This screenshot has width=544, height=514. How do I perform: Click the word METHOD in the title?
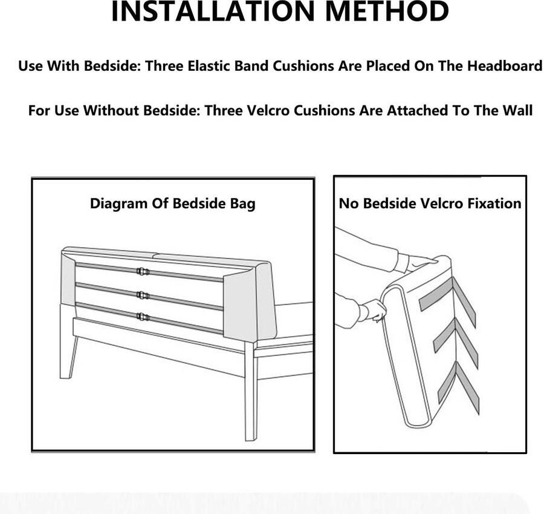click(387, 12)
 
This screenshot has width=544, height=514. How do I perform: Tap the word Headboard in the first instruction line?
click(505, 65)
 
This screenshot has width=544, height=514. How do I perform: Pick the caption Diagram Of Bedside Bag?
click(172, 203)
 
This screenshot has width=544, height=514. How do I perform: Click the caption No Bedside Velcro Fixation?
click(430, 203)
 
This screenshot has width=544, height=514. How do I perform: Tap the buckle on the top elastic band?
click(143, 271)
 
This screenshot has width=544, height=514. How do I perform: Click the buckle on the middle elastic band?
click(143, 296)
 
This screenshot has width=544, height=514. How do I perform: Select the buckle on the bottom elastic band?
click(143, 317)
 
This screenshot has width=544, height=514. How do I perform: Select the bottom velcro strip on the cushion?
click(459, 385)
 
